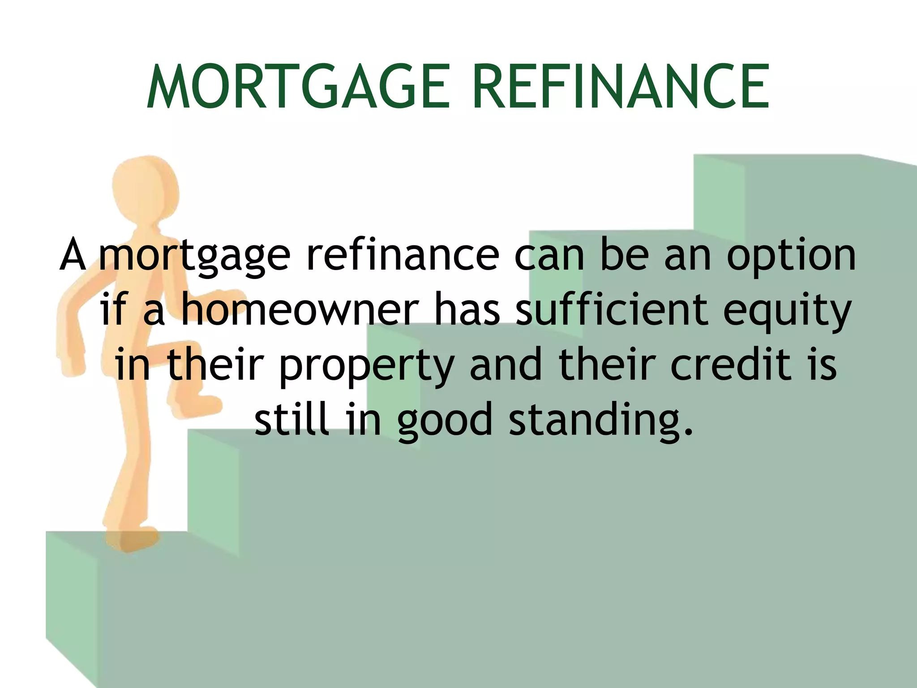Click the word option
(791, 256)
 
